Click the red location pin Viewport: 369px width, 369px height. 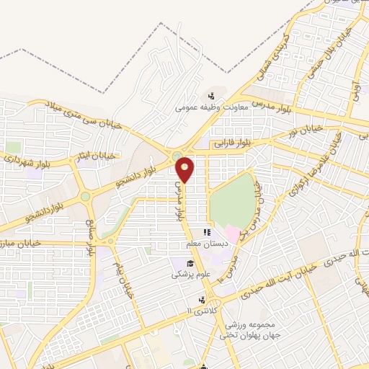[x=185, y=168]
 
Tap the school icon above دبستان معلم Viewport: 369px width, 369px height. [x=206, y=232]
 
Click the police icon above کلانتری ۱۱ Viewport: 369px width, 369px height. [x=202, y=299]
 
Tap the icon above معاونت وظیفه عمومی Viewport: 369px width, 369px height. [x=212, y=95]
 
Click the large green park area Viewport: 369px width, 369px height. [x=232, y=199]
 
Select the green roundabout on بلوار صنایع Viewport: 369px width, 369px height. [x=86, y=195]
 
